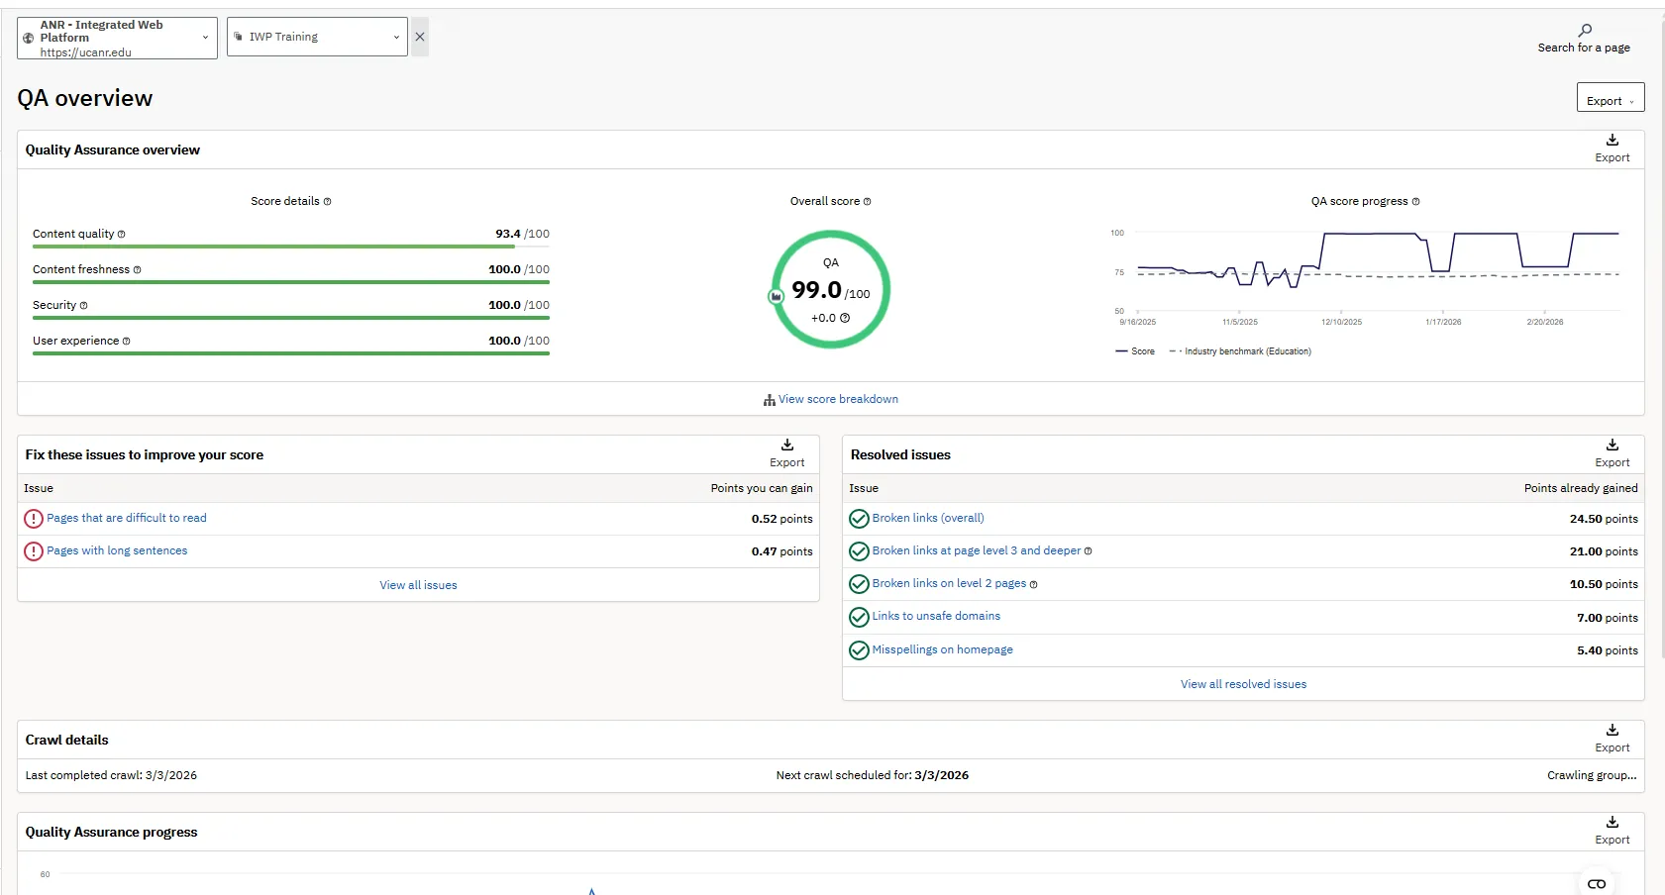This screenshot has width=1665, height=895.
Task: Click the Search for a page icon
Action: (x=1585, y=31)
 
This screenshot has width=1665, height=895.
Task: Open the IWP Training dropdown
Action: (x=317, y=37)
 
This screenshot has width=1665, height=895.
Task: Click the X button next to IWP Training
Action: (x=420, y=37)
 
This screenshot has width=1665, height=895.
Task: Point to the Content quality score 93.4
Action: (x=508, y=234)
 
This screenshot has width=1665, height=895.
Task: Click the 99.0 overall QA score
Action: (x=817, y=290)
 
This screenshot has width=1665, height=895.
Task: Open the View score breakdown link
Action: (x=838, y=399)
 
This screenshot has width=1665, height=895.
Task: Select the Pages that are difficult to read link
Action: (x=127, y=518)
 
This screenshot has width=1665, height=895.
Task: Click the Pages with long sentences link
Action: (x=117, y=550)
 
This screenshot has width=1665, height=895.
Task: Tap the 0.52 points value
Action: (x=781, y=519)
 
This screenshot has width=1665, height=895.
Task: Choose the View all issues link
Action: (x=418, y=585)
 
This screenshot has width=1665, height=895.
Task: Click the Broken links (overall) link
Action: (x=928, y=518)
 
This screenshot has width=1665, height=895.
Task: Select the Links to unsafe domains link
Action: (x=936, y=616)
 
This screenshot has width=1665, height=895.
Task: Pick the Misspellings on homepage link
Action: (x=942, y=649)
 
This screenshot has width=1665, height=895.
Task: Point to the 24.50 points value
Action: (x=1603, y=519)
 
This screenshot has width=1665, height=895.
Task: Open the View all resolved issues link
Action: (x=1243, y=684)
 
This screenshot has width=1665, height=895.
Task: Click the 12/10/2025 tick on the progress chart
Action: (x=1341, y=322)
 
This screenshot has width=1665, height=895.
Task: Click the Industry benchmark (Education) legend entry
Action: (x=1247, y=351)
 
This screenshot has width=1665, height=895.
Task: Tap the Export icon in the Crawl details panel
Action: (x=1613, y=731)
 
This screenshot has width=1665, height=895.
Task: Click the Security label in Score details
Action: (x=54, y=305)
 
